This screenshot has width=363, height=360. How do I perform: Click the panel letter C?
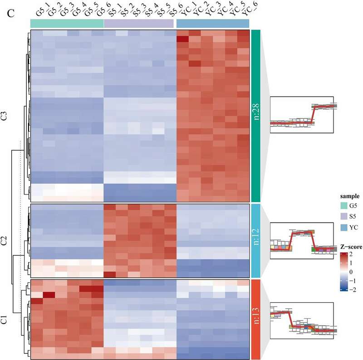pyautogui.click(x=11, y=14)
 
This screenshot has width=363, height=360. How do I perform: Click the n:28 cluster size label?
pyautogui.click(x=255, y=116)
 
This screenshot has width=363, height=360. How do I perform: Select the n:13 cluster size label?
pyautogui.click(x=255, y=319)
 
